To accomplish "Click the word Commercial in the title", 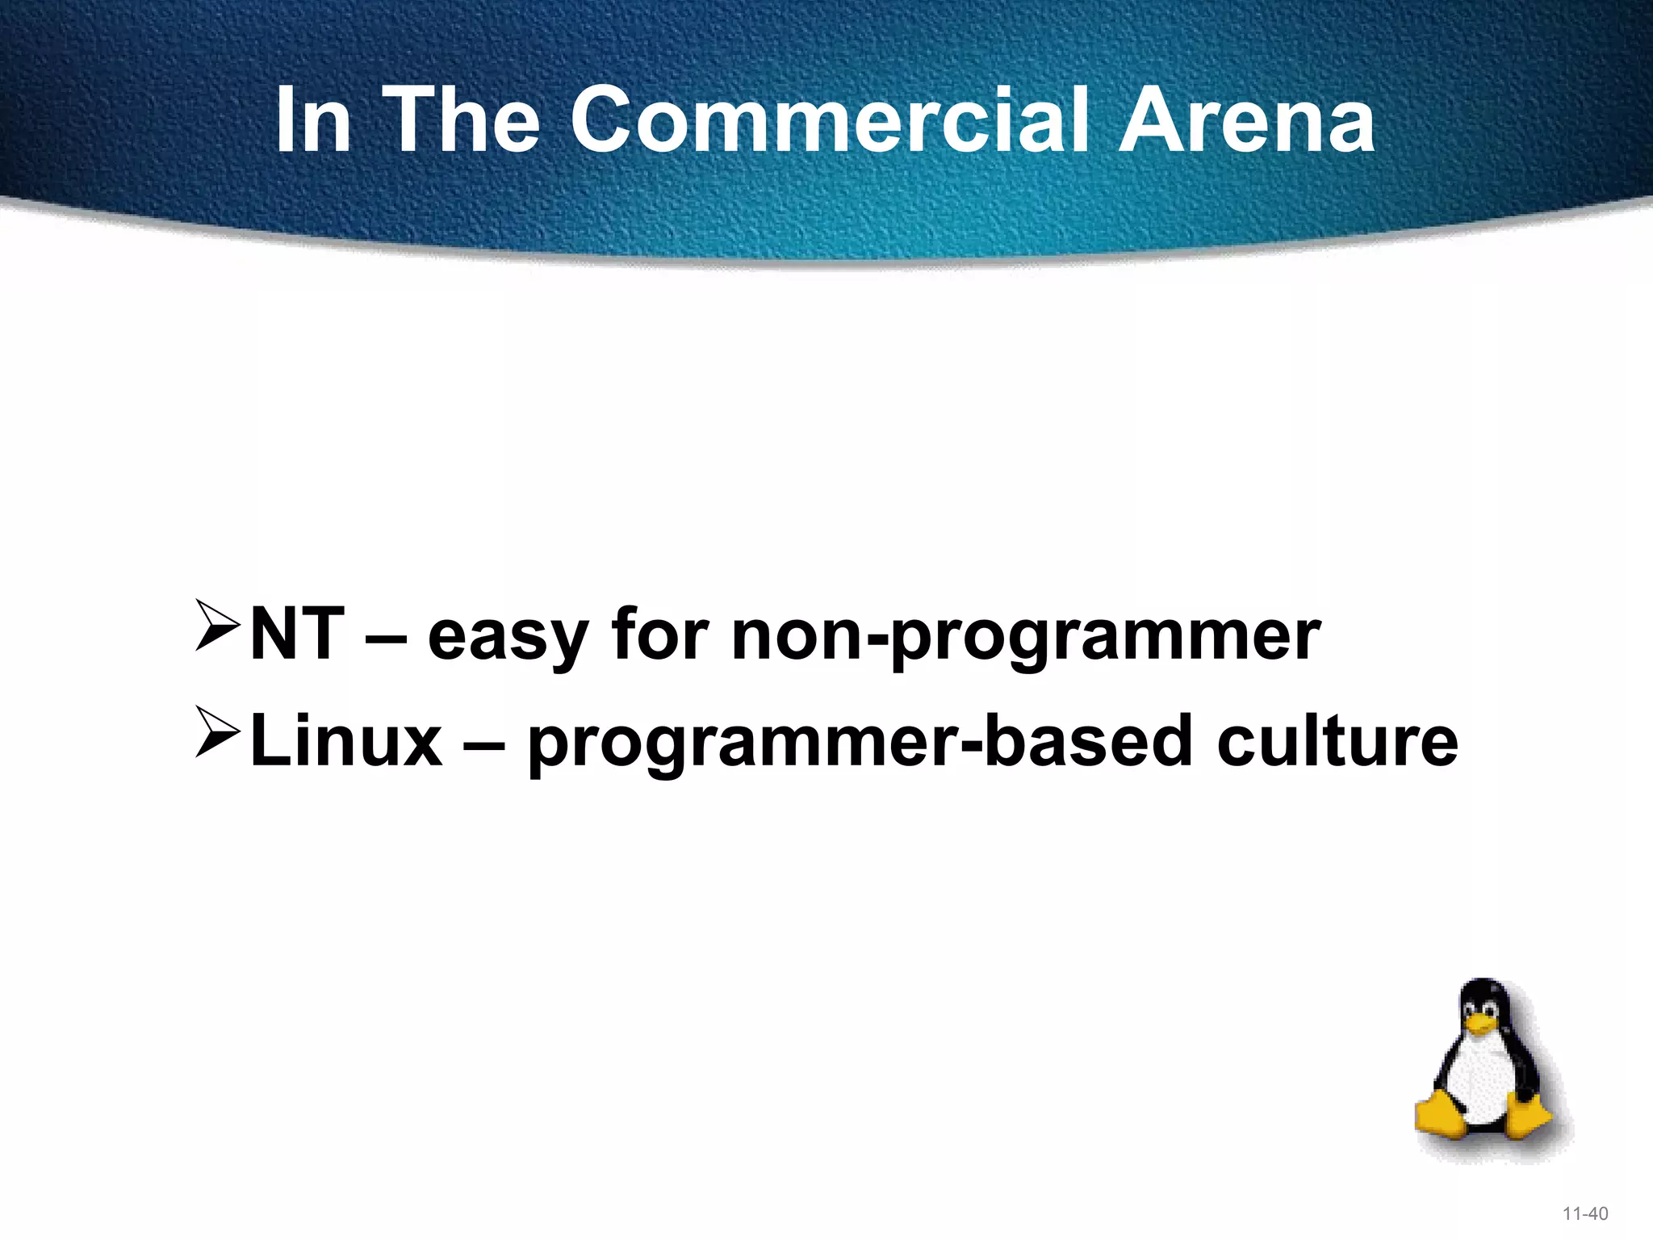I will pyautogui.click(x=831, y=121).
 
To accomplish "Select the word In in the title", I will pyautogui.click(x=313, y=121).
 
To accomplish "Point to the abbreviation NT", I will pyautogui.click(x=297, y=635).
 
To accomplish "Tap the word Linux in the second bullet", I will pyautogui.click(x=346, y=741).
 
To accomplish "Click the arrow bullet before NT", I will pyautogui.click(x=217, y=625).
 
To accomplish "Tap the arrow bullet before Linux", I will pyautogui.click(x=217, y=732).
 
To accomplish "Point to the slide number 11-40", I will pyautogui.click(x=1585, y=1213).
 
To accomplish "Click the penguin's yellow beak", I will pyautogui.click(x=1480, y=1026).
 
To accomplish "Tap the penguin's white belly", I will pyautogui.click(x=1481, y=1086).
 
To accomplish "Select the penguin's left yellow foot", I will pyautogui.click(x=1442, y=1119).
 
